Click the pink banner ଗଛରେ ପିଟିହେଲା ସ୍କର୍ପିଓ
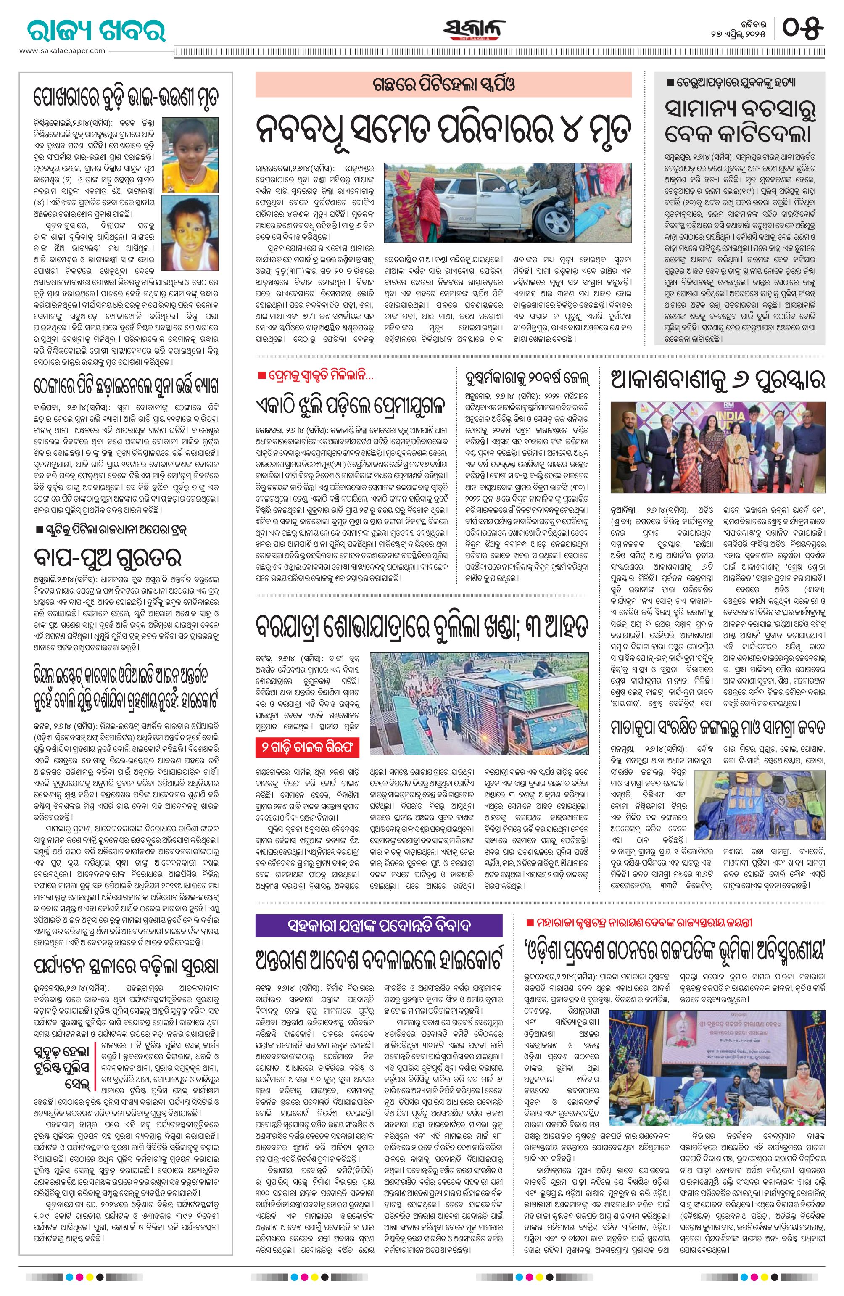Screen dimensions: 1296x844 (x=443, y=84)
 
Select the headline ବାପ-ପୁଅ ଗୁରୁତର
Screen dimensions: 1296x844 (x=107, y=557)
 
